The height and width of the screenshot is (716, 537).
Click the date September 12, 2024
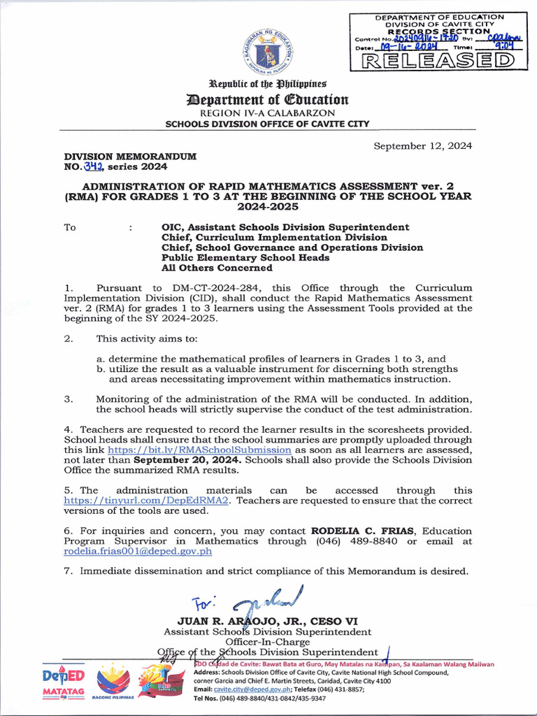coord(422,146)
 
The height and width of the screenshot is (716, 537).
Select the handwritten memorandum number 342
coord(92,166)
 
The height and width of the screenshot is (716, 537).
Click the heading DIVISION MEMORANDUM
coord(130,156)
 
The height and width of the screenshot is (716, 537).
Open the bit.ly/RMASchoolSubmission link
coord(199,450)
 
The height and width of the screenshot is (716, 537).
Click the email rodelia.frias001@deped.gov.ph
coord(138,551)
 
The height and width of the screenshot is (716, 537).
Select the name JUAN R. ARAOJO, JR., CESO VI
coord(268,621)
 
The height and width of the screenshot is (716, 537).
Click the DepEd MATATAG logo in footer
coord(64,684)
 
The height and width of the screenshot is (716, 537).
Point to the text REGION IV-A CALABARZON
coord(268,113)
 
